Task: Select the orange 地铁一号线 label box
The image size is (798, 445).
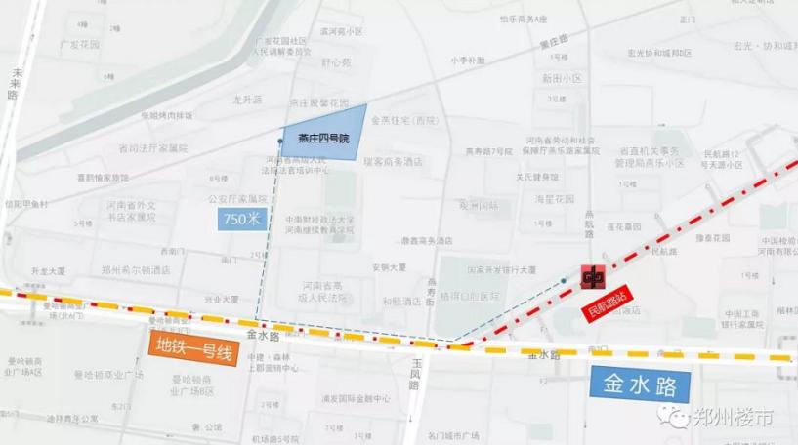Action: (191, 348)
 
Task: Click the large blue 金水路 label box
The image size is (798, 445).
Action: (641, 383)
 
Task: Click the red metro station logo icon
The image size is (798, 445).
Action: (592, 277)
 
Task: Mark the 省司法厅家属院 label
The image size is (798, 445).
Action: (152, 148)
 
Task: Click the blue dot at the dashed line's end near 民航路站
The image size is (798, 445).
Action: (564, 281)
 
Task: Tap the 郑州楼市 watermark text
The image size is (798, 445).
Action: (734, 417)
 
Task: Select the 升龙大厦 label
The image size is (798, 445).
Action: (47, 269)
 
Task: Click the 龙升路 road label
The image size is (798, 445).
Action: (248, 100)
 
